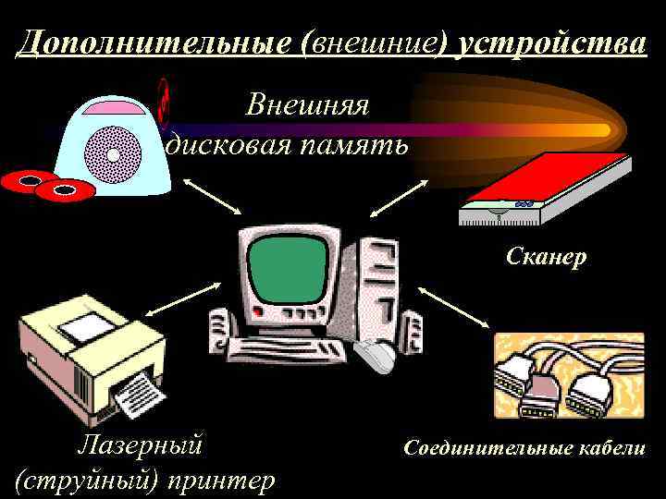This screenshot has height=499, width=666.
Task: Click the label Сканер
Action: click(546, 257)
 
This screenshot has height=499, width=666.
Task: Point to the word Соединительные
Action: click(489, 448)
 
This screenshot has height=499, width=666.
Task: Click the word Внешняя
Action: click(307, 105)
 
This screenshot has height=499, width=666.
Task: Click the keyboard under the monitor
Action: click(287, 349)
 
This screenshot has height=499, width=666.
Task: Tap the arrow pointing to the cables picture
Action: click(454, 308)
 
